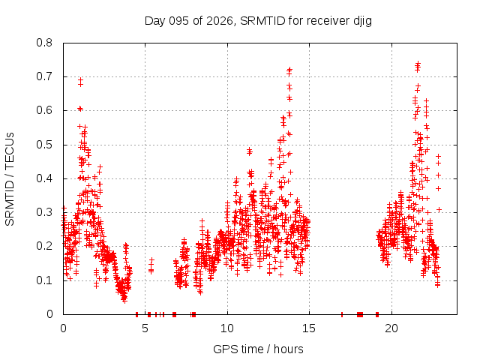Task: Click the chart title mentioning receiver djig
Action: point(258,20)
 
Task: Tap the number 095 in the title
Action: point(179,20)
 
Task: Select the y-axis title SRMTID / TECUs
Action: point(10,178)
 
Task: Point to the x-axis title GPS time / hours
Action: point(258,349)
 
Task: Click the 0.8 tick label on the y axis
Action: point(46,43)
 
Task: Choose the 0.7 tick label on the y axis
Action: point(46,76)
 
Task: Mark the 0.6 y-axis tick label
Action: point(46,110)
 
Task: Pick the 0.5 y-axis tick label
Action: point(46,145)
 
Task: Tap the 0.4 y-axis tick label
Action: point(46,178)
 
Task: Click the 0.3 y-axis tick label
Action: point(46,212)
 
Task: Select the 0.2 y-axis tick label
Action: point(46,246)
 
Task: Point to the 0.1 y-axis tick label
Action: point(46,280)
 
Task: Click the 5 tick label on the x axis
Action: point(145,328)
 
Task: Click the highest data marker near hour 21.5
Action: point(418,64)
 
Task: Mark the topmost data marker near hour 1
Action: point(80,79)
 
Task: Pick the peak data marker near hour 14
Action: point(289,69)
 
